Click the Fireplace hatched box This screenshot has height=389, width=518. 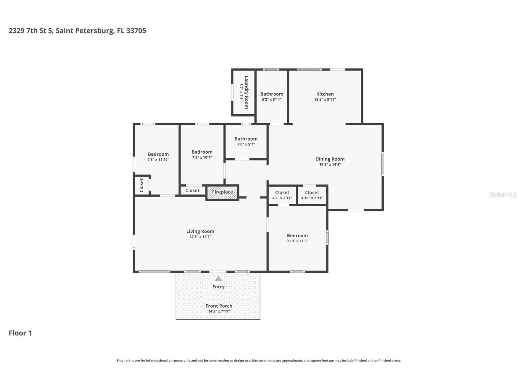[x=222, y=193]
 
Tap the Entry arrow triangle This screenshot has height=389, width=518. [x=218, y=279]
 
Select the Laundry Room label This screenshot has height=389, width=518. [x=246, y=92]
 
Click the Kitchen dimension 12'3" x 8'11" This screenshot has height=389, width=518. [x=325, y=99]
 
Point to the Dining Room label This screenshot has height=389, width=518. [x=330, y=159]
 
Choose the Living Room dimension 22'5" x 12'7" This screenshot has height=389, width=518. [x=200, y=237]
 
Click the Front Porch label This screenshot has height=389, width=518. [x=219, y=306]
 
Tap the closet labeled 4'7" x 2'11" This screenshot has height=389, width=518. [x=282, y=195]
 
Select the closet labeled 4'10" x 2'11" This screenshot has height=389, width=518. [x=312, y=195]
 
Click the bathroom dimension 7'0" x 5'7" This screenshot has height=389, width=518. [x=246, y=144]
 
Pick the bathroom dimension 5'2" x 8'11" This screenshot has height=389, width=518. [x=272, y=99]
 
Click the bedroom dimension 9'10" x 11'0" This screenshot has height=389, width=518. [x=297, y=241]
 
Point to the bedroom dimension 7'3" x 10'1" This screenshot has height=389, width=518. [x=202, y=157]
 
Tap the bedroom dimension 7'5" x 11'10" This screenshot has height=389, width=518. [x=158, y=160]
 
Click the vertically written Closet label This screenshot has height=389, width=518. [x=141, y=185]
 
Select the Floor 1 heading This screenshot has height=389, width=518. [x=20, y=333]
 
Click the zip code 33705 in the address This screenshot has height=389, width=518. [x=136, y=31]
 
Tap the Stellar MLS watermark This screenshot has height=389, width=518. [x=503, y=194]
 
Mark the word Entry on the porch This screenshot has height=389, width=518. [x=218, y=287]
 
